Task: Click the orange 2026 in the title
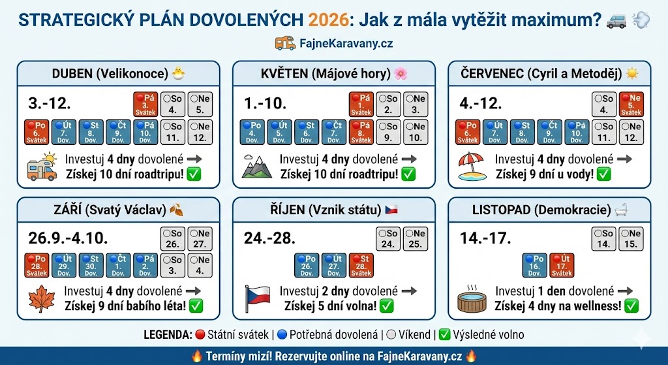click(328, 20)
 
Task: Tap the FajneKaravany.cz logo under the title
click(334, 44)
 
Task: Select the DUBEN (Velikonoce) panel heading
click(119, 72)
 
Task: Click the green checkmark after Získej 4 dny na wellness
click(631, 306)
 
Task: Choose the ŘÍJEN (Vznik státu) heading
click(333, 210)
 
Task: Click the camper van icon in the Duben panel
click(41, 167)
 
